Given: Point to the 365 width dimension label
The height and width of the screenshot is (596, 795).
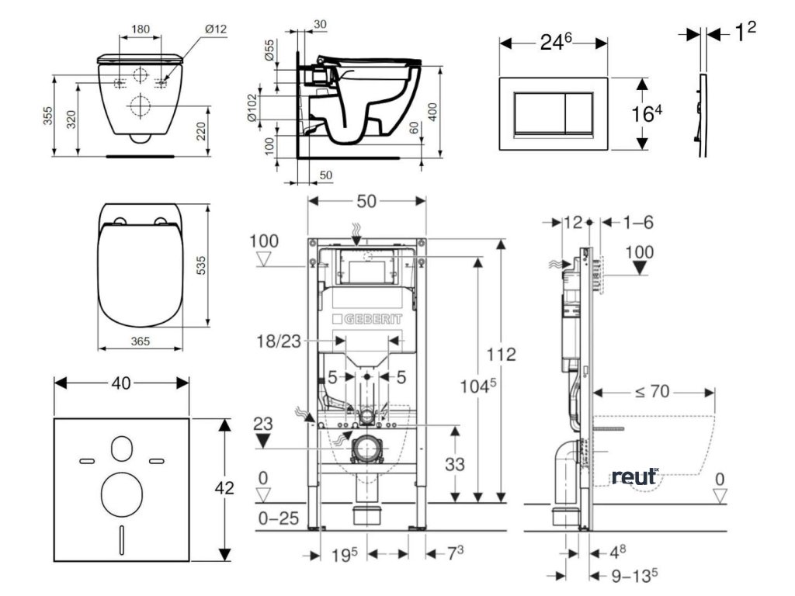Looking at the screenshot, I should pyautogui.click(x=140, y=341).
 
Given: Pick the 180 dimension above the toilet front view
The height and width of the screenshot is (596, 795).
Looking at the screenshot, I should pyautogui.click(x=141, y=29).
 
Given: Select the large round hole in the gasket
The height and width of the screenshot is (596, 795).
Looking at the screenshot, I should pyautogui.click(x=122, y=490).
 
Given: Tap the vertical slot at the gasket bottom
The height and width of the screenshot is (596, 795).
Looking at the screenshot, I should pyautogui.click(x=122, y=536).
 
